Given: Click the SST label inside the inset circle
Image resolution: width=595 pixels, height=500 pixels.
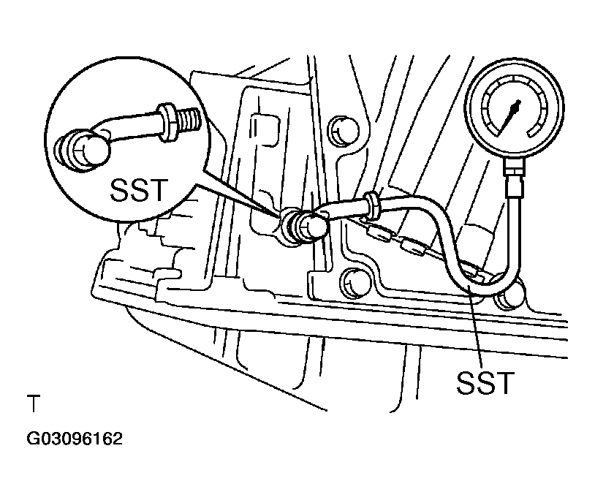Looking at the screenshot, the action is pos(139,189).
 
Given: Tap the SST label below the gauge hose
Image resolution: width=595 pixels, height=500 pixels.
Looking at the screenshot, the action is pos(485,382).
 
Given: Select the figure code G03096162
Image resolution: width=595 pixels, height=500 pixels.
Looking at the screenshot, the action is pos(75,439).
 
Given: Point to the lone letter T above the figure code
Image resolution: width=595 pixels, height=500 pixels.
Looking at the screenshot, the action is pos(34,404).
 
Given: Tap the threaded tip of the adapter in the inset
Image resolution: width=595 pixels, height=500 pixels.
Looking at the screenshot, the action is pos(189,118).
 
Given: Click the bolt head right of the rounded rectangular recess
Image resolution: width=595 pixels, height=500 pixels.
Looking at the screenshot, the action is pos(342,131).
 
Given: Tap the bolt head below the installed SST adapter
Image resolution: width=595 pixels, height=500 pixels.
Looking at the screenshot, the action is pos(355,283).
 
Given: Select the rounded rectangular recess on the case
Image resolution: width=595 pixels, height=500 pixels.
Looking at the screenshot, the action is pos(265,129).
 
